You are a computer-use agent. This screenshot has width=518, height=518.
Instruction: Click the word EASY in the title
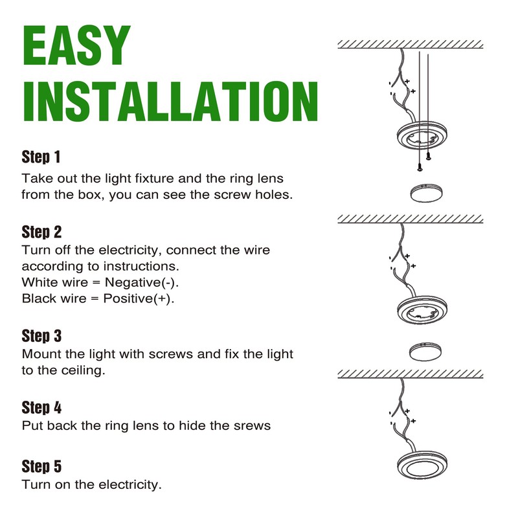[76, 45]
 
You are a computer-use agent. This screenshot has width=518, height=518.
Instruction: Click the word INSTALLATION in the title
[170, 101]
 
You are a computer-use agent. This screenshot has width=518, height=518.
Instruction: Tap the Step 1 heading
[41, 157]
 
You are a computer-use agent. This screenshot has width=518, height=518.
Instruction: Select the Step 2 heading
[41, 232]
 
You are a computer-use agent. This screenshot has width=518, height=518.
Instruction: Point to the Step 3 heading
[41, 335]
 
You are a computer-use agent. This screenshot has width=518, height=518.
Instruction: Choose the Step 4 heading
[41, 407]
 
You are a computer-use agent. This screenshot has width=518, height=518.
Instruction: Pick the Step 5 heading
[41, 466]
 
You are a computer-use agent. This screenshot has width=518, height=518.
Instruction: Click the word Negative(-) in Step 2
[141, 282]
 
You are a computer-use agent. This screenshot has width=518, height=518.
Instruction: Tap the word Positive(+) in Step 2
[138, 298]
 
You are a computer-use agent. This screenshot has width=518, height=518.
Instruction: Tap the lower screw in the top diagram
[420, 168]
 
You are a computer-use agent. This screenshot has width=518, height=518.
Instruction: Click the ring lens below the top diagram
[426, 194]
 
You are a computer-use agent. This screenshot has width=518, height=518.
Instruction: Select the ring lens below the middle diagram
[425, 352]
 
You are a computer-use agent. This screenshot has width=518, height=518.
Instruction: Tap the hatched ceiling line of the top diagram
[411, 45]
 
